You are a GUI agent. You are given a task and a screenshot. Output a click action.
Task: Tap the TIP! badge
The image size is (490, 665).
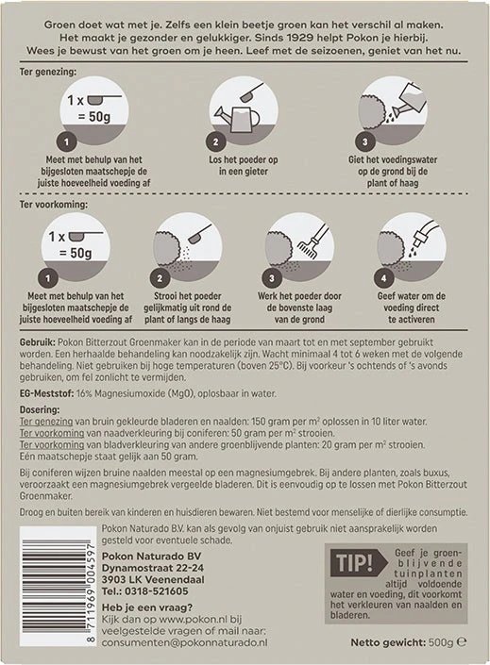point(358,563)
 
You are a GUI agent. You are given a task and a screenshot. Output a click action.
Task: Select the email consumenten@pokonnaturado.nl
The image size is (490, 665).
point(185,642)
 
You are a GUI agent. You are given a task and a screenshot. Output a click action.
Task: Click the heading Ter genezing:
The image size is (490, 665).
point(48,72)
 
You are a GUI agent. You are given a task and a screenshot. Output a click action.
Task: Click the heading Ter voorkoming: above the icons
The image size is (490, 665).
point(54,205)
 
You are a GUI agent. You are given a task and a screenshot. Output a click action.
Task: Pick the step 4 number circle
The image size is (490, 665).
point(383,278)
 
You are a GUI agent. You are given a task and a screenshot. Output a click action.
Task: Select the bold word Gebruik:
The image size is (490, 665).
point(38,342)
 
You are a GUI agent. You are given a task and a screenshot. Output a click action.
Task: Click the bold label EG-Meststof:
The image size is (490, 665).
point(46,393)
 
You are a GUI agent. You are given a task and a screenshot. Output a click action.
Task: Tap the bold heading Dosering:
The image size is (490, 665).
point(40,409)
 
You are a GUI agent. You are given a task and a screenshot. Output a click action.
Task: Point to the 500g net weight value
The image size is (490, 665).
point(441,642)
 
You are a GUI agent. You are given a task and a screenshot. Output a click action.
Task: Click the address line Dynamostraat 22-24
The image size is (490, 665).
point(152,568)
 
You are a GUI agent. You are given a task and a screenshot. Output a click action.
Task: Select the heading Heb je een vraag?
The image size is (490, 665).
point(147,607)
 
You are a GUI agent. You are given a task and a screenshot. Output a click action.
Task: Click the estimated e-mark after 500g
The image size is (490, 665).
point(461,642)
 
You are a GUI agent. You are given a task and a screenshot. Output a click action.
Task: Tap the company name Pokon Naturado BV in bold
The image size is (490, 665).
point(152,556)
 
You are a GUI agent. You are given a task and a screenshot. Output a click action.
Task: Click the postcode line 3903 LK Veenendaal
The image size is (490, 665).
point(153,579)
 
